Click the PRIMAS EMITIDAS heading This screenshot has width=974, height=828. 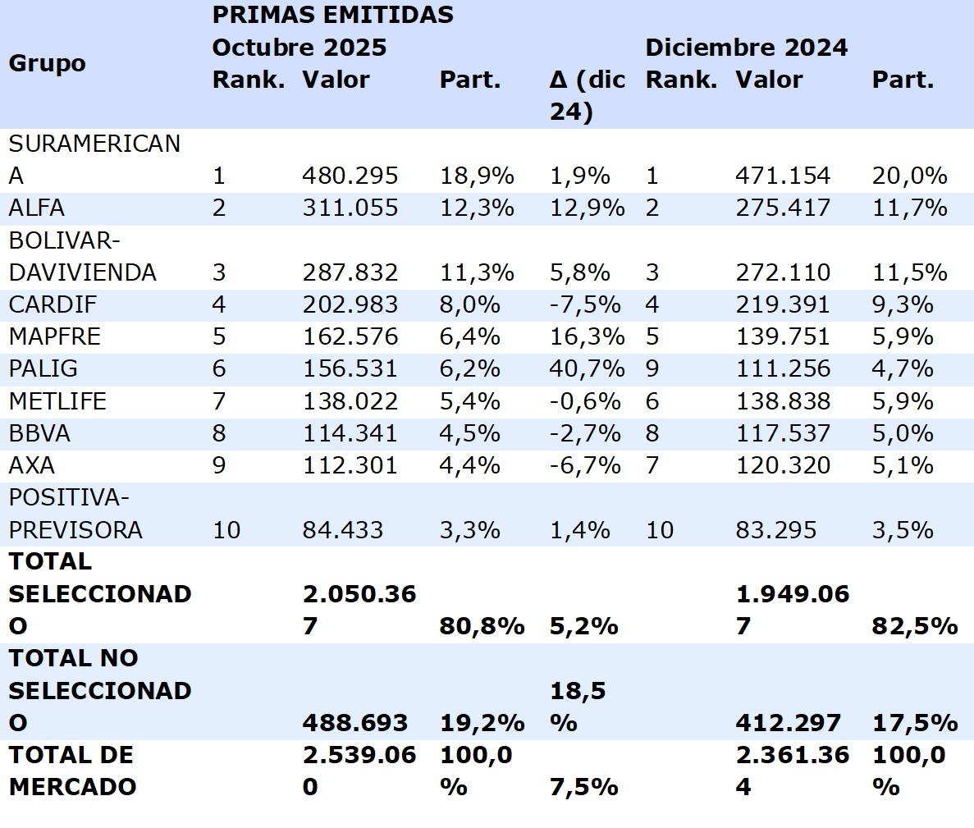click(x=332, y=15)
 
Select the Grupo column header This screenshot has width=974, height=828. click(x=47, y=63)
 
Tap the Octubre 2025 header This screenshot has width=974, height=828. click(x=299, y=47)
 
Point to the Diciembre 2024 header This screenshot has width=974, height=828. click(x=746, y=47)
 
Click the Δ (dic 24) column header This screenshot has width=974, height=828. click(x=587, y=95)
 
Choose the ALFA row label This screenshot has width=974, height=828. click(x=36, y=208)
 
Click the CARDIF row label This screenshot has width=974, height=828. click(x=53, y=304)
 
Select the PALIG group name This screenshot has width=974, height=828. click(x=43, y=368)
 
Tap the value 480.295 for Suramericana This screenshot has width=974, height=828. click(x=350, y=176)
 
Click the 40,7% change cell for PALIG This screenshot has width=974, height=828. click(x=587, y=368)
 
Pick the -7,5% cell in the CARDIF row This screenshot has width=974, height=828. click(x=585, y=304)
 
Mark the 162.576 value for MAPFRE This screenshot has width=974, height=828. click(x=350, y=336)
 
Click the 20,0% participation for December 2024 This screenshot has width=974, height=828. click(x=909, y=176)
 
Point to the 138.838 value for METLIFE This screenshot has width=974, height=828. click(x=782, y=401)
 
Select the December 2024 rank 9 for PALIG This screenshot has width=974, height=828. click(x=652, y=368)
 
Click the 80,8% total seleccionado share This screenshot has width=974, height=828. click(x=482, y=626)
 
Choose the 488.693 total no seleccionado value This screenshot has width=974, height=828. click(x=354, y=723)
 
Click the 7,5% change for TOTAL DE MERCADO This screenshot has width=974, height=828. click(x=583, y=787)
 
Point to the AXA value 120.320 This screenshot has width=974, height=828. click(x=782, y=465)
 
